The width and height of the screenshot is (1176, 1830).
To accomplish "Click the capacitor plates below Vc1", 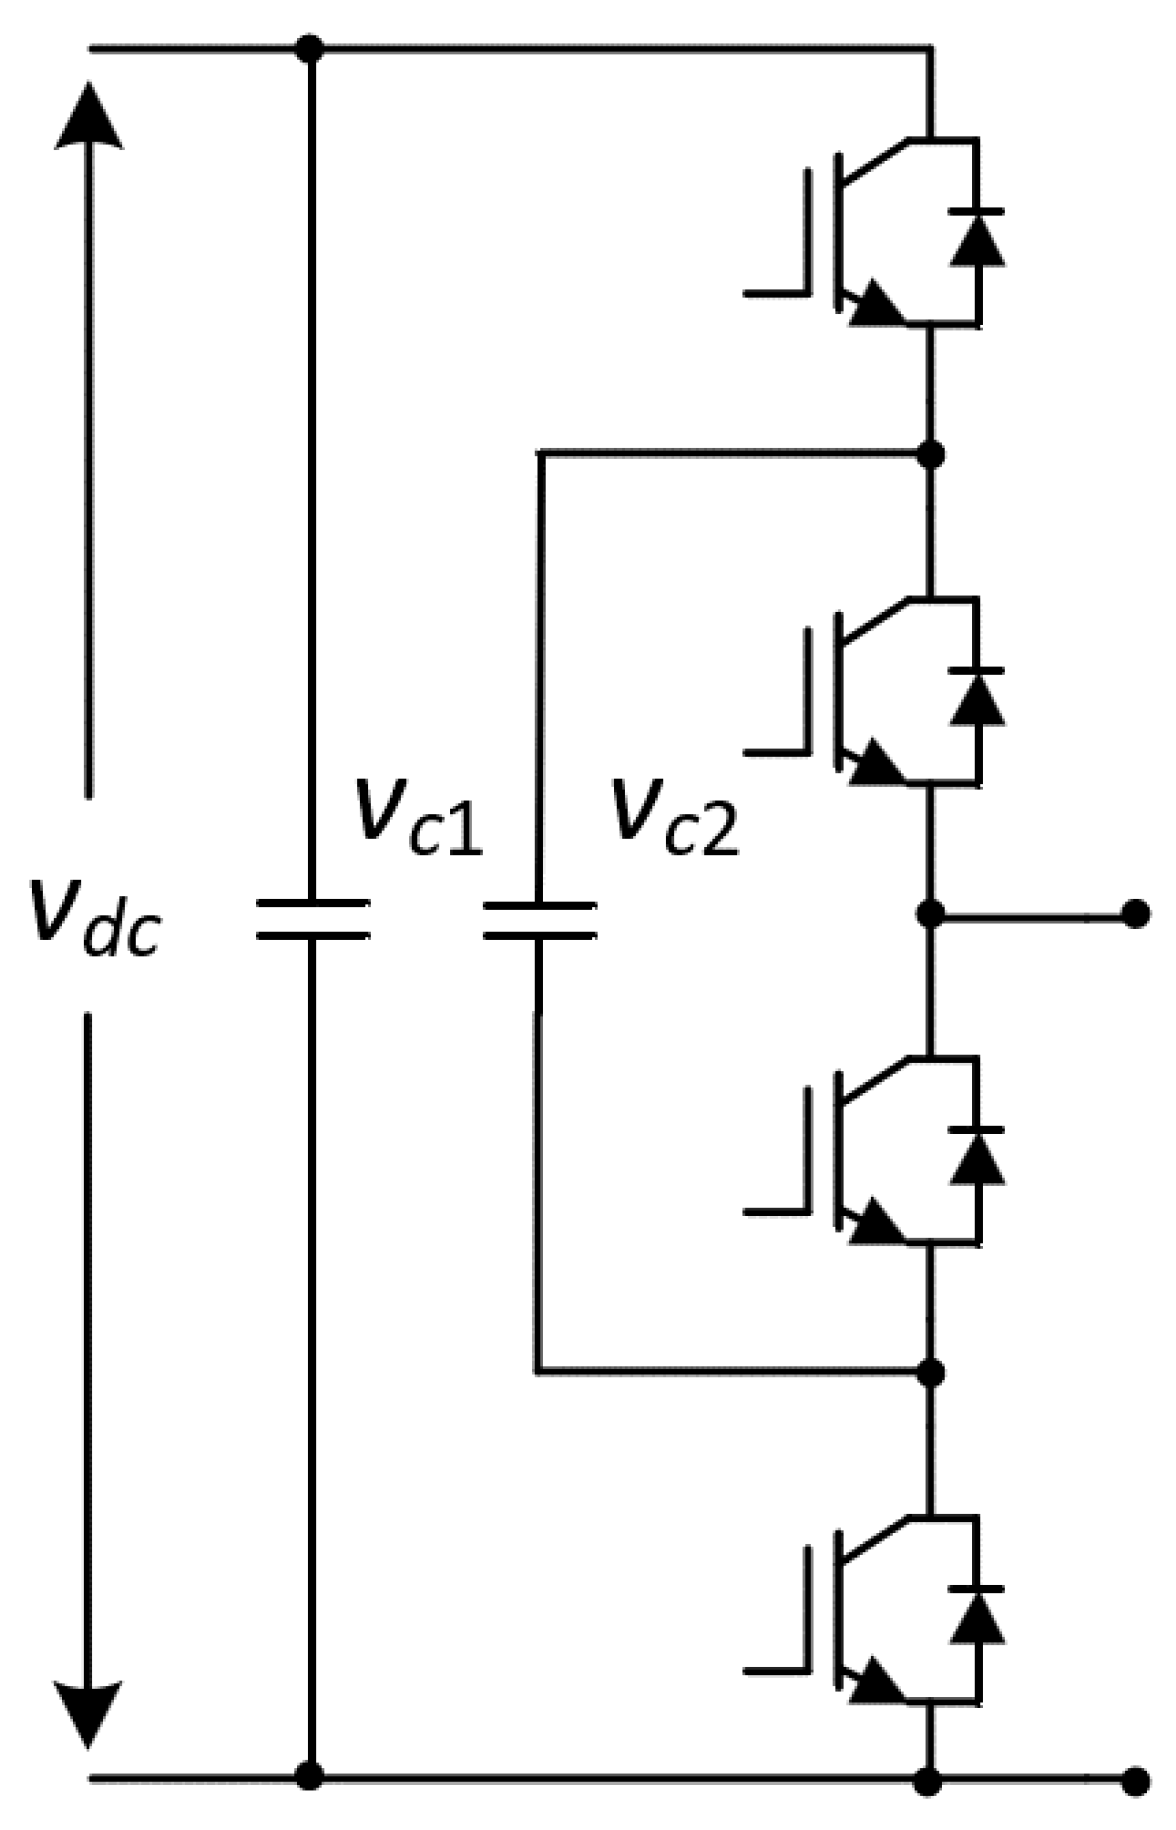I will point(312,918).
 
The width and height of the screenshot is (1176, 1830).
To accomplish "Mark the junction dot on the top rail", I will point(309,49).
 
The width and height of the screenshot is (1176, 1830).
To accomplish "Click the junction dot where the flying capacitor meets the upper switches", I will point(929,454).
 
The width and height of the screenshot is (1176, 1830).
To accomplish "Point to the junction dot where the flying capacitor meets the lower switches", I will point(929,1372).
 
